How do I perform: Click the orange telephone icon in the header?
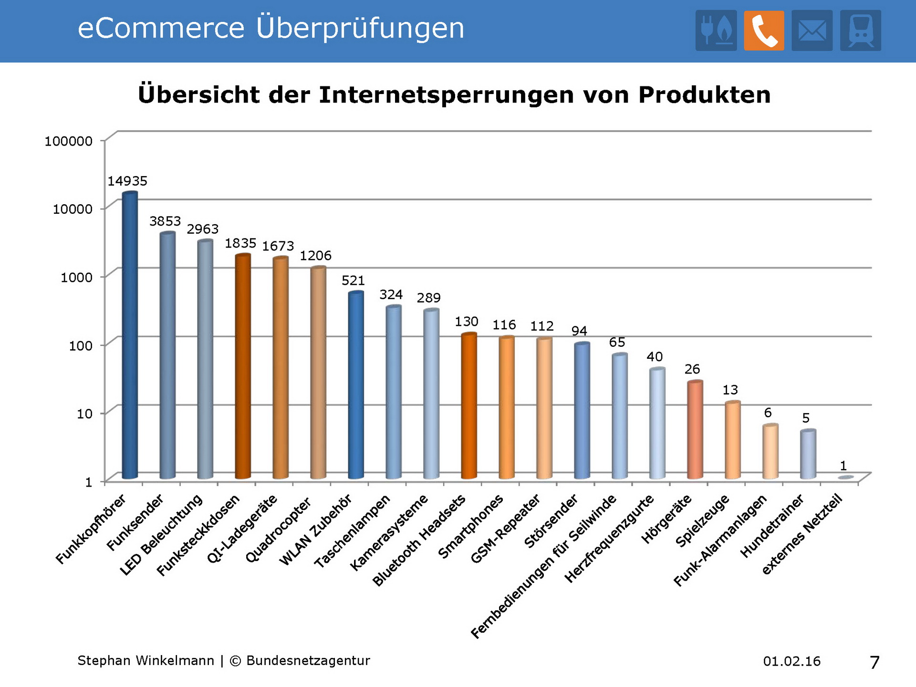764,31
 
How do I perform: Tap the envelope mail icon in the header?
812,31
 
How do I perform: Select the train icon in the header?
861,31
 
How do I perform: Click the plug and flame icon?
716,31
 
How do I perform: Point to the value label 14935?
127,181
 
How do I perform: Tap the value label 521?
353,281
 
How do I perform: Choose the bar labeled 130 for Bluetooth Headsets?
469,406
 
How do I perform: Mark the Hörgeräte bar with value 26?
695,429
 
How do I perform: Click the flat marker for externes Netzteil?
846,477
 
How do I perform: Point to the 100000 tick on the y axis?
69,141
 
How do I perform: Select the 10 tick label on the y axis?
84,414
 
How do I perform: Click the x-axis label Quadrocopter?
278,530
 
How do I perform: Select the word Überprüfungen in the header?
360,28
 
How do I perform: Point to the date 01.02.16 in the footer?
791,661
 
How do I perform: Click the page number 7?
874,662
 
